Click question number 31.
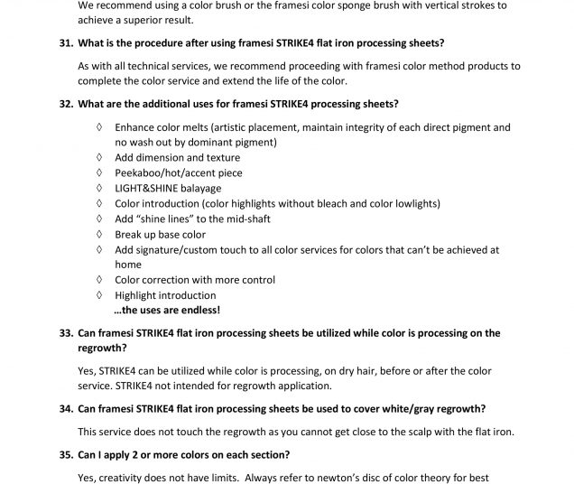65,43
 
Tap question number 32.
65,104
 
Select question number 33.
65,333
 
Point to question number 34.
65,409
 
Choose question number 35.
65,454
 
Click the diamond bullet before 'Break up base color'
98,234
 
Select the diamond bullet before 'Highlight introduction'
98,295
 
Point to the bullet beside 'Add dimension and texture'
98,157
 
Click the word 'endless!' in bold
199,311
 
